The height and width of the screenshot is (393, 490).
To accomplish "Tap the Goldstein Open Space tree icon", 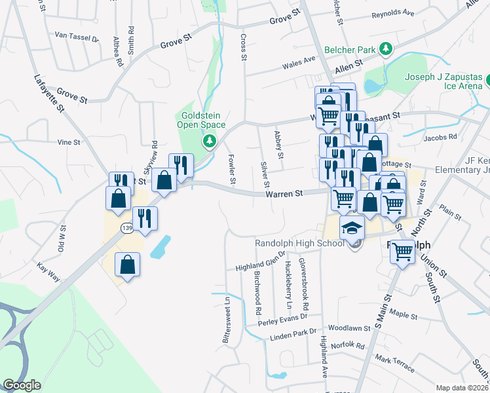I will click(210, 140).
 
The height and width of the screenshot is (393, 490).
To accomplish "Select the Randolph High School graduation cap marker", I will click(352, 227).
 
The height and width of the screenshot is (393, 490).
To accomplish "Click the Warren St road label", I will click(284, 194).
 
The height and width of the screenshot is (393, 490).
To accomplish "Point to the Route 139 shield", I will click(126, 227).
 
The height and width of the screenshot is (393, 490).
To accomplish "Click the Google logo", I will click(22, 385).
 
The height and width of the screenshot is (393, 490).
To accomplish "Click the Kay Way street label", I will click(48, 273).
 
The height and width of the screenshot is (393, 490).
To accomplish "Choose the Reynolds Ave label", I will click(393, 14).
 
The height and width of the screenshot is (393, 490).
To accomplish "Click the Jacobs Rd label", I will click(440, 138).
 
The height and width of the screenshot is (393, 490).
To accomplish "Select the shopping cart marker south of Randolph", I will click(402, 251).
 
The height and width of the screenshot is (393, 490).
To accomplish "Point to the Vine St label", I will click(68, 141).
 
